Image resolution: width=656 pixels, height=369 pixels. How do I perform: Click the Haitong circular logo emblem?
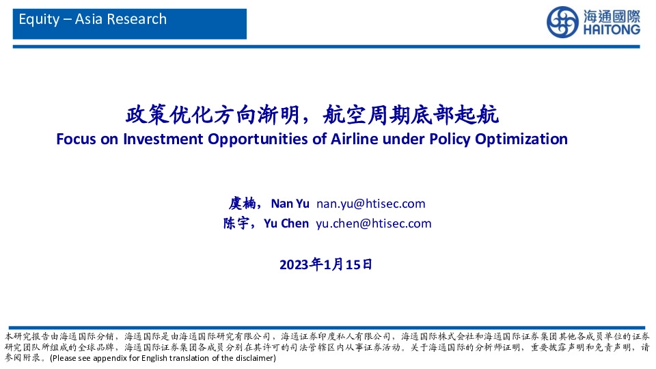pyautogui.click(x=562, y=23)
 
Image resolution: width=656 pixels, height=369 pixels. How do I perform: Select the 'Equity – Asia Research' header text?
pyautogui.click(x=93, y=19)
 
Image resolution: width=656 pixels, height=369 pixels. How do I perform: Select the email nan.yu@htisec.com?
pyautogui.click(x=371, y=204)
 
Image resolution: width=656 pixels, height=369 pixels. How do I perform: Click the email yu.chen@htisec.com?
pyautogui.click(x=373, y=223)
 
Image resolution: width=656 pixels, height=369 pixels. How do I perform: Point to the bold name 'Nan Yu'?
pyautogui.click(x=290, y=204)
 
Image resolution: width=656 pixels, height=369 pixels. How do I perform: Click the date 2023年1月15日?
pyautogui.click(x=327, y=264)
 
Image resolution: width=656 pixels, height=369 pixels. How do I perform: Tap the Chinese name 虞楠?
pyautogui.click(x=242, y=204)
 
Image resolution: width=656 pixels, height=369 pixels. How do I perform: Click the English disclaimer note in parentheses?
pyautogui.click(x=163, y=358)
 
